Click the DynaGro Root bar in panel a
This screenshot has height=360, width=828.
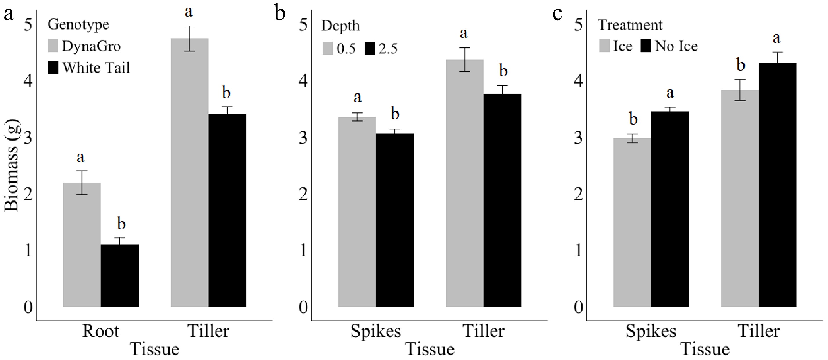pyautogui.click(x=82, y=244)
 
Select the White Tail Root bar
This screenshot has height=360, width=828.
pyautogui.click(x=120, y=275)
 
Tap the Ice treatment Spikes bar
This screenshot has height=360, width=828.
pyautogui.click(x=632, y=222)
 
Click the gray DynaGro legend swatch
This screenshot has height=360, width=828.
pyautogui.click(x=53, y=46)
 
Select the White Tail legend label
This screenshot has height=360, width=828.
pyautogui.click(x=96, y=68)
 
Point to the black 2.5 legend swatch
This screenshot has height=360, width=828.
pyautogui.click(x=370, y=48)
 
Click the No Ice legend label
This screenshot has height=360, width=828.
pyautogui.click(x=676, y=46)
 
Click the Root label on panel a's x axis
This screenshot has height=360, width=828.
pyautogui.click(x=100, y=331)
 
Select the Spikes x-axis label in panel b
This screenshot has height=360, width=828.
pyautogui.click(x=376, y=331)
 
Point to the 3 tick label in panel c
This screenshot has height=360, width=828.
pyautogui.click(x=578, y=138)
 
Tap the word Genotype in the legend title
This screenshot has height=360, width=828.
pyautogui.click(x=78, y=24)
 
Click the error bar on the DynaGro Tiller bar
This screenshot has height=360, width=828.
pyautogui.click(x=190, y=39)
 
